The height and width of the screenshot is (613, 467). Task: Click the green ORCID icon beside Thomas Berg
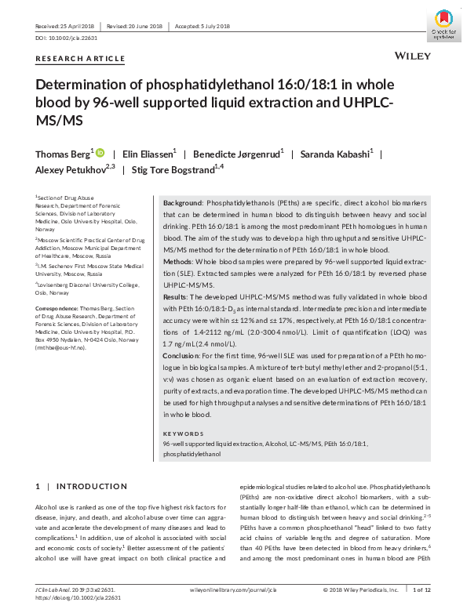coord(100,152)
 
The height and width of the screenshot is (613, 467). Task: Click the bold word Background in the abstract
coord(181,202)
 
